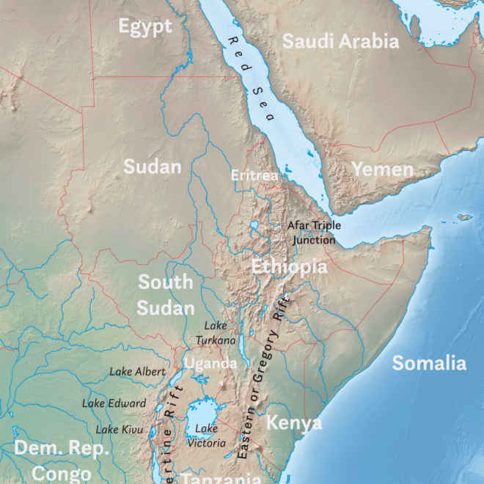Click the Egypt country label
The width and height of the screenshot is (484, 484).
coord(145,27)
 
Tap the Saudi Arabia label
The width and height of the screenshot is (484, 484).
coord(340,41)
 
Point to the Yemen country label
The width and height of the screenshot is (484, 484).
coord(382,170)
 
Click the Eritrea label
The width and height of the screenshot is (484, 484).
coord(254,175)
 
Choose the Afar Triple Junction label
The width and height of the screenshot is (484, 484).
coord(314,232)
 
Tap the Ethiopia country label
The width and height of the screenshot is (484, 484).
coord(290,266)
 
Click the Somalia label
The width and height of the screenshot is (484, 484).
coord(429,362)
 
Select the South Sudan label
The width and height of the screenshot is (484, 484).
coord(166,294)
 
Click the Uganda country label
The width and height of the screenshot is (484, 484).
coord(210,363)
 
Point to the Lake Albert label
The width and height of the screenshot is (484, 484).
coord(137,372)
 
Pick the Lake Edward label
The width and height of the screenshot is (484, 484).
coord(114,403)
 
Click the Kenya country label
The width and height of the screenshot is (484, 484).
coord(293,423)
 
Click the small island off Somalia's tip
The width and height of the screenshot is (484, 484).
coord(463,218)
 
